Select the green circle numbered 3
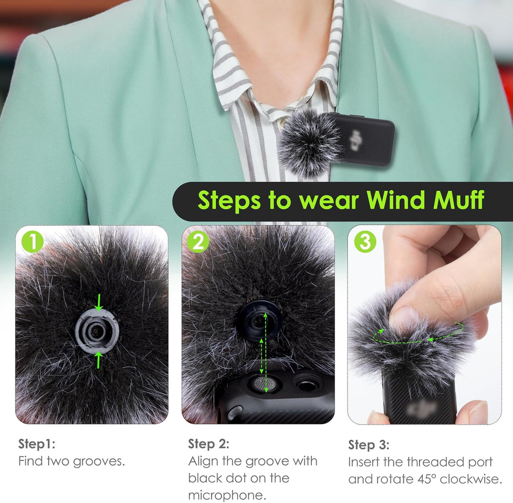tap(365, 242)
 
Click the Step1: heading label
tap(36, 444)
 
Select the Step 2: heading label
tap(208, 443)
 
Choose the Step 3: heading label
tap(369, 444)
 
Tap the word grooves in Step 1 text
tap(99, 461)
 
